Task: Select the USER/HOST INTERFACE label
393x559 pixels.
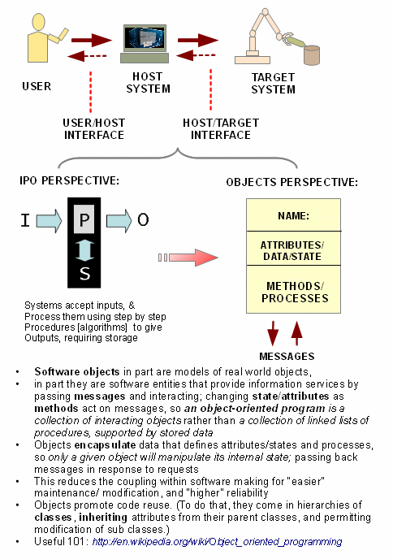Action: pos(93,128)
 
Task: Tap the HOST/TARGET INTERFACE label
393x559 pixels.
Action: pos(209,128)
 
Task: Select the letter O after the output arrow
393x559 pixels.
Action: pos(142,219)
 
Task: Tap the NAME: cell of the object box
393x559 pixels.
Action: pos(294,216)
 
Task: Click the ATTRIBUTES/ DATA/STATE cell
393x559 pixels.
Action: pos(294,250)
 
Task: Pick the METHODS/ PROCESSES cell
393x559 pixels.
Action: pos(294,292)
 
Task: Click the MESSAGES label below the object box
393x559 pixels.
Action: pos(287,356)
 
